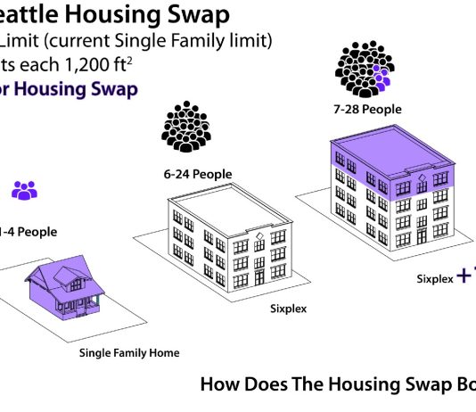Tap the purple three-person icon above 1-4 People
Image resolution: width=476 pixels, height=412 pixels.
click(x=25, y=190)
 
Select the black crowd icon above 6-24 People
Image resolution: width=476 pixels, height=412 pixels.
click(x=187, y=126)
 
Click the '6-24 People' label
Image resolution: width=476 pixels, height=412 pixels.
click(x=197, y=174)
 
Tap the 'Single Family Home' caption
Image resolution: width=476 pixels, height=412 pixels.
click(x=129, y=353)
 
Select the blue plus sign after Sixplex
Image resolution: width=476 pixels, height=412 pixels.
click(x=464, y=276)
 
